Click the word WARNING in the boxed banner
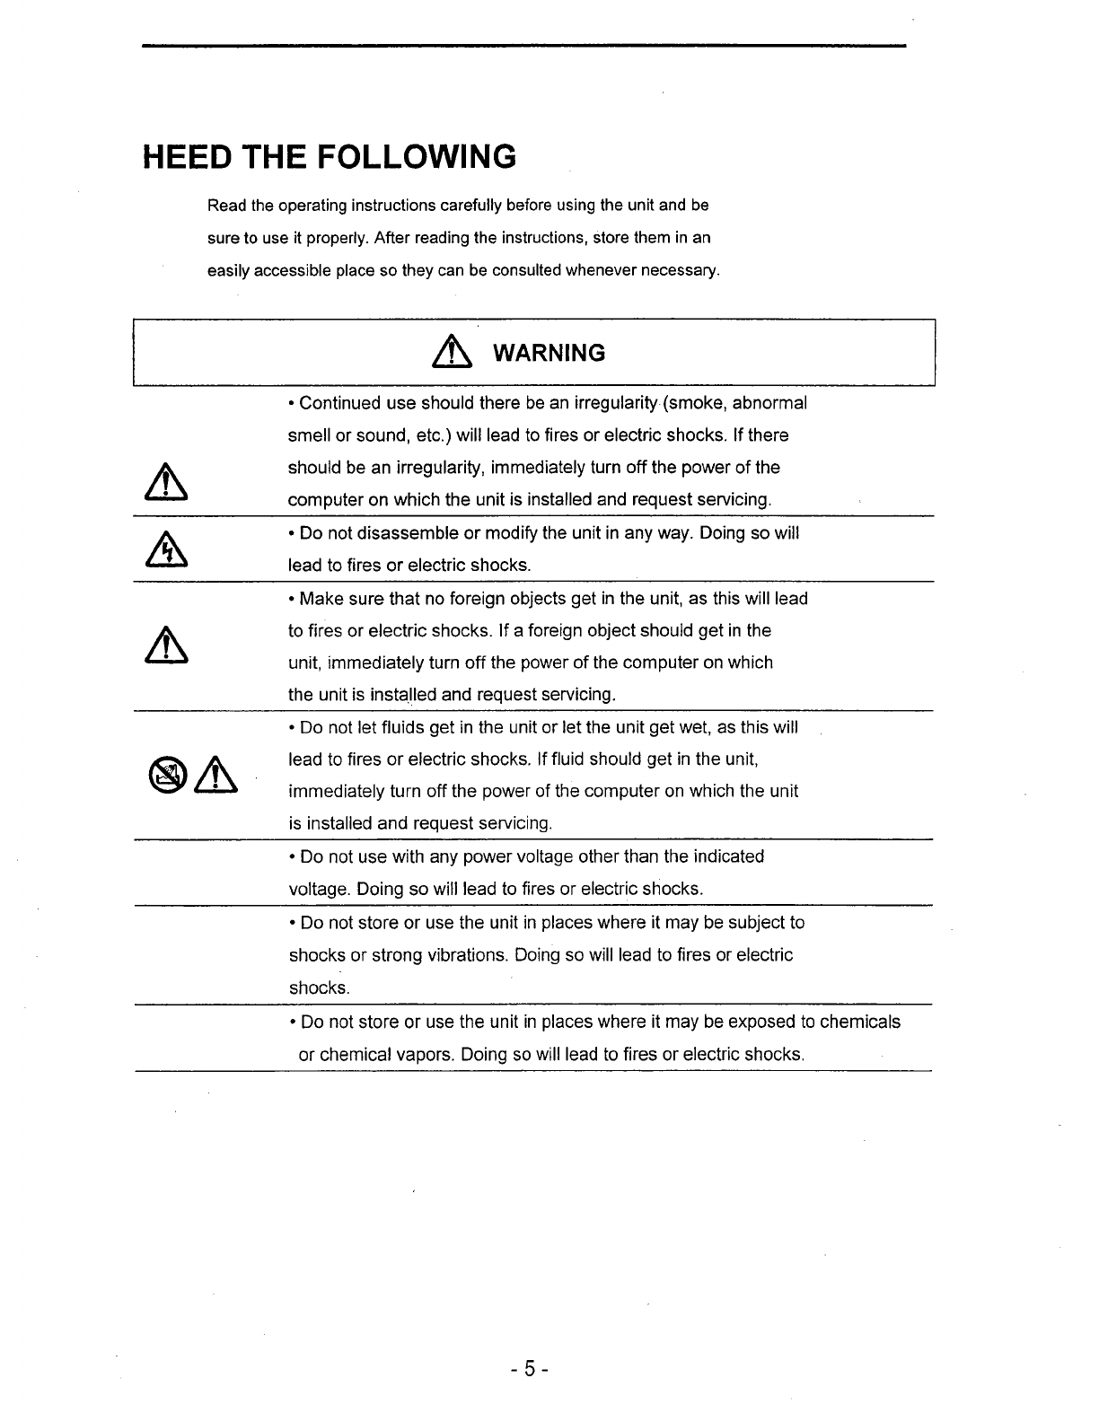550,353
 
